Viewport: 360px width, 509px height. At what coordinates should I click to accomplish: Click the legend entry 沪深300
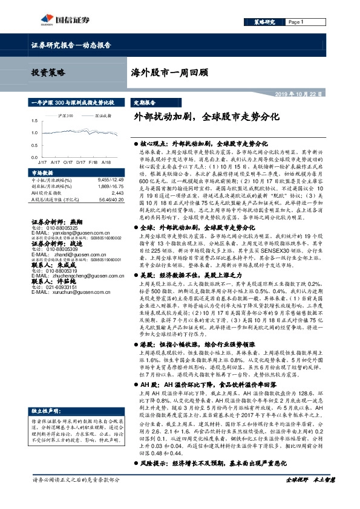66,115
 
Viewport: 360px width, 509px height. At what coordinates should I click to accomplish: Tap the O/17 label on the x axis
67,163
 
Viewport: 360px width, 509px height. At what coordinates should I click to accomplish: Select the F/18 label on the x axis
93,163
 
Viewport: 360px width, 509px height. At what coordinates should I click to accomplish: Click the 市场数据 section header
42,173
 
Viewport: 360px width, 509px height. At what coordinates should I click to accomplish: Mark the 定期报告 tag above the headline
145,103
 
